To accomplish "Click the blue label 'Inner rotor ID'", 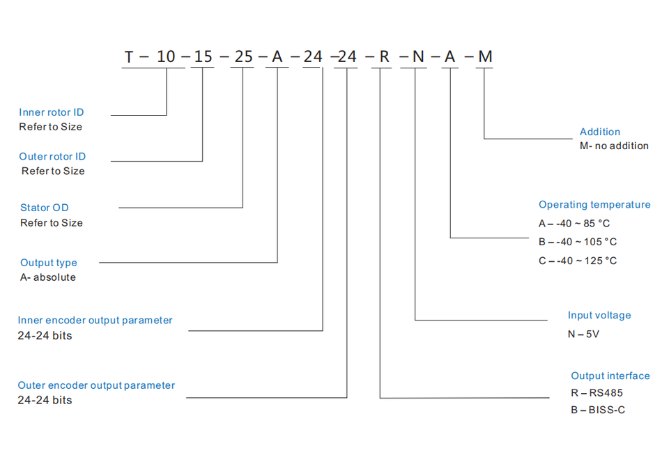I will point(52,112).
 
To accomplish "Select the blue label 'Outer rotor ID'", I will point(52,157).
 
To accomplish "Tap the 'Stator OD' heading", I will point(45,208).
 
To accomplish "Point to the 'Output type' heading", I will point(49,263).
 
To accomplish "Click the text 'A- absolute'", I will point(48,277).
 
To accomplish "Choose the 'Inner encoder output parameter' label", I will point(95,321).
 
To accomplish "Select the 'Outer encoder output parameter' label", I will point(96,385).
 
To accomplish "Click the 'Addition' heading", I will point(599,132).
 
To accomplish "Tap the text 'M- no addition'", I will point(614,146).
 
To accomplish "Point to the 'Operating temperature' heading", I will point(594,205).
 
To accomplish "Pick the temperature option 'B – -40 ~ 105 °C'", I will point(578,242).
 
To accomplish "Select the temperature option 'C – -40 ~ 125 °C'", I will point(578,261).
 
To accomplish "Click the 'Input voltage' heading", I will point(599,316).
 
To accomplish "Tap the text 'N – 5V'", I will point(583,334).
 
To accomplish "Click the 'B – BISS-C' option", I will point(598,410).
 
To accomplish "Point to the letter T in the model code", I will point(129,57).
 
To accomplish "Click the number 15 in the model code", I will point(203,57).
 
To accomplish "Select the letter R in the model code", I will point(385,57).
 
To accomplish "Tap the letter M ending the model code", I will point(485,57).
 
